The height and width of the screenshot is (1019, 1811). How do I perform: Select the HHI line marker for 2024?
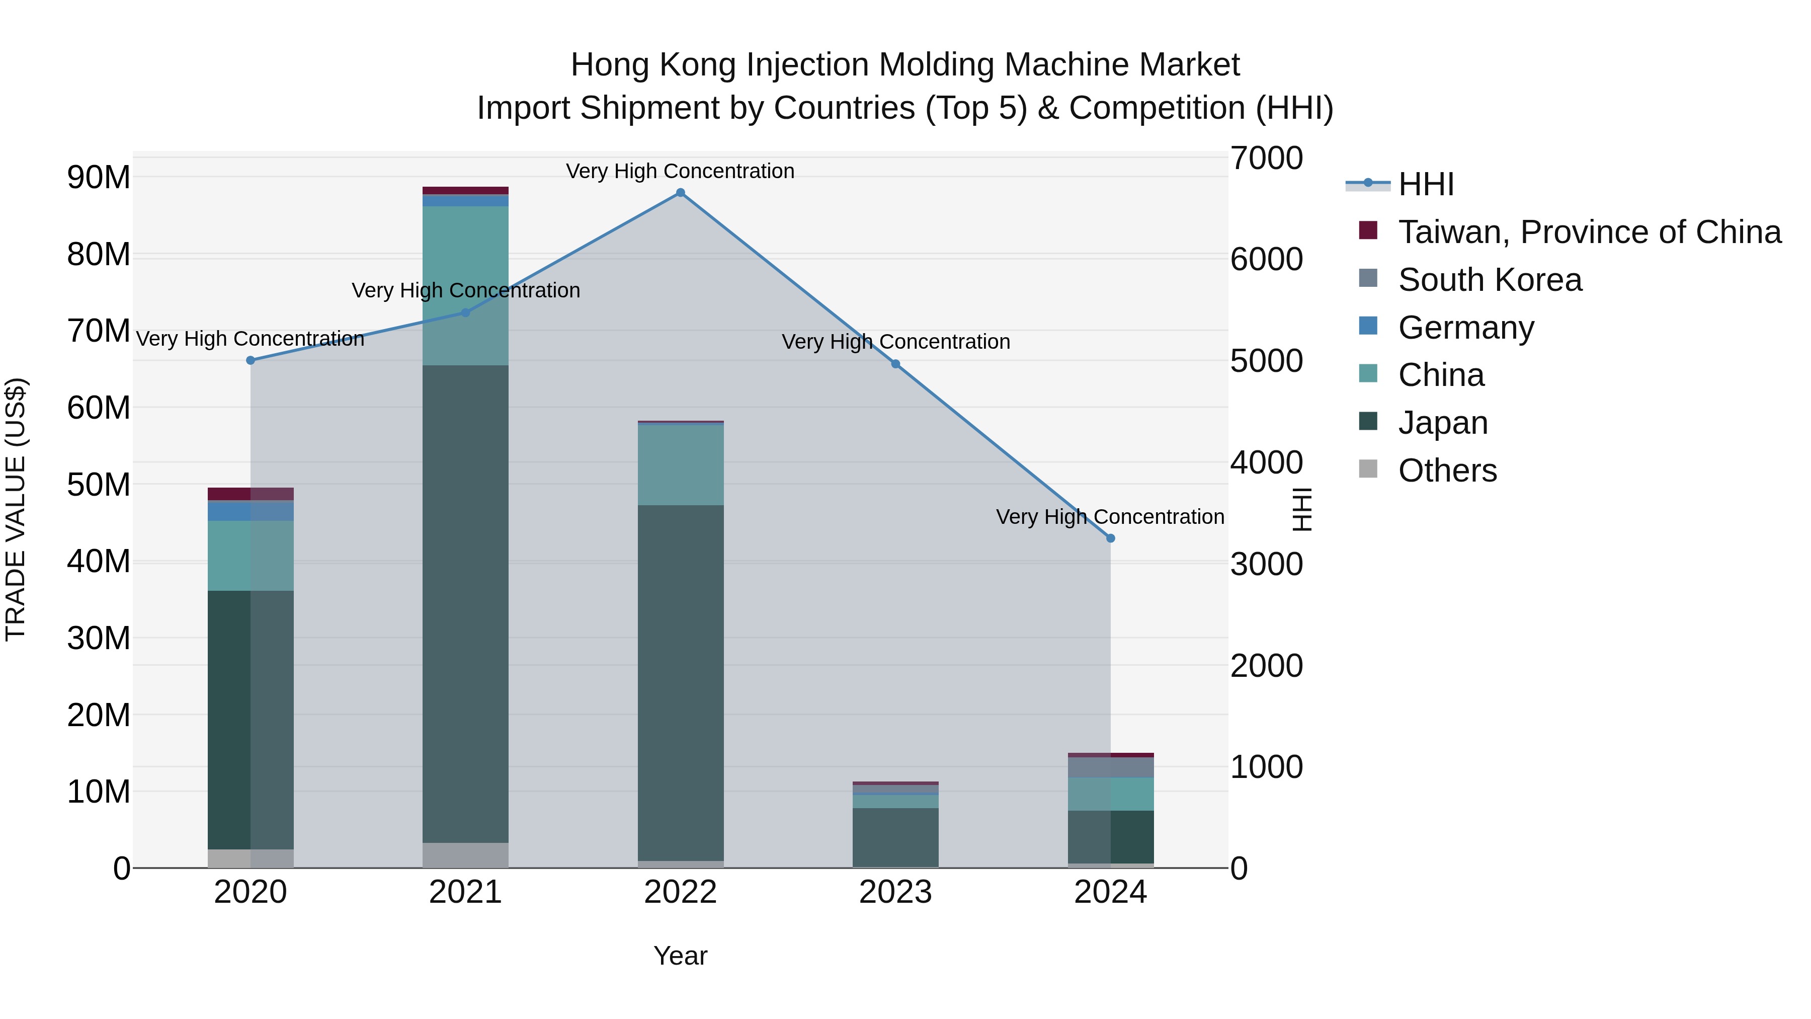(1110, 538)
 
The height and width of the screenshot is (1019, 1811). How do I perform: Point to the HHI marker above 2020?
(251, 360)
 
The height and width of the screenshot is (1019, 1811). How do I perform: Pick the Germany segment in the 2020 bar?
(251, 511)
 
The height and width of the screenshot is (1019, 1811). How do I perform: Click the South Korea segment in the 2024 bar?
(1110, 767)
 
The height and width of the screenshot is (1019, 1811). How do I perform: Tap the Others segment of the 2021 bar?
(465, 854)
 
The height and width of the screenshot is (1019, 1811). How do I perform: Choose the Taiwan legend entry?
(1589, 232)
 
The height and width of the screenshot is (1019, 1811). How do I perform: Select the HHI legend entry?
(1425, 184)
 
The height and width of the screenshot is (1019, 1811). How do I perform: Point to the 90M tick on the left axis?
(99, 177)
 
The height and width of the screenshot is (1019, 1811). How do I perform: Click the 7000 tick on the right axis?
(1266, 158)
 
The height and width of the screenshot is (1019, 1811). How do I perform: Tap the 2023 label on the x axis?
(895, 892)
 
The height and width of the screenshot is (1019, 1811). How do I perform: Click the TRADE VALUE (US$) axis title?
(16, 509)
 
